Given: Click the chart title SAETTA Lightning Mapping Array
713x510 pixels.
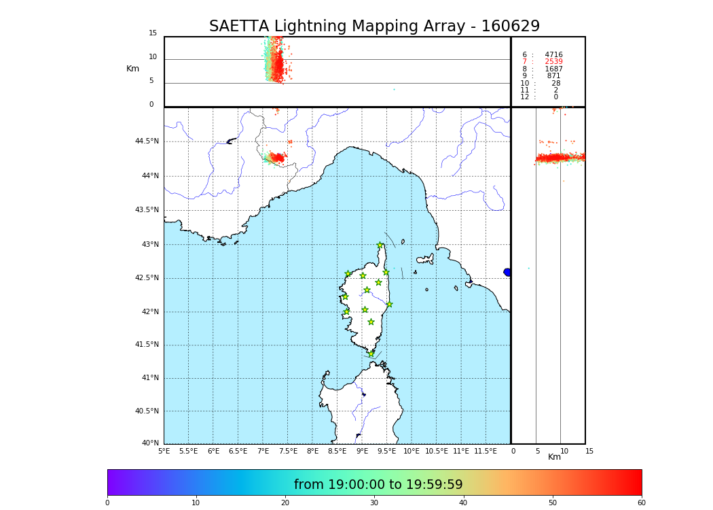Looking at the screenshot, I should (374, 27).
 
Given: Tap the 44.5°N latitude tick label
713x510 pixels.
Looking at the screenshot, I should (147, 141).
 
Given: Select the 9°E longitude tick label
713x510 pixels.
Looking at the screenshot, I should (362, 451).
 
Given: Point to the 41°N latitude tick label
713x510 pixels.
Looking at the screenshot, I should (149, 378).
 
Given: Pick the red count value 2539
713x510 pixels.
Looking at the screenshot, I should (553, 62).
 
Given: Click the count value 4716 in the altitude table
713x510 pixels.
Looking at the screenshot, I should (553, 55).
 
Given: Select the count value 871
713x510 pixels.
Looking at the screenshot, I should (553, 76).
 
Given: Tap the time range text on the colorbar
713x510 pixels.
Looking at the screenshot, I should (378, 485).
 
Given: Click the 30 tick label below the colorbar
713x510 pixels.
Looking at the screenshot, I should (374, 503).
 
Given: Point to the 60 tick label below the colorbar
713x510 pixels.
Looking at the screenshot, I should (641, 503).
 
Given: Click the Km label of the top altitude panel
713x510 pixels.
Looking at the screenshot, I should (132, 69).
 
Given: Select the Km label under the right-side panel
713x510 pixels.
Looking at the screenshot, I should (555, 457).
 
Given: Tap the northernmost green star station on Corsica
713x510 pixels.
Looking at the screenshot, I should (380, 245).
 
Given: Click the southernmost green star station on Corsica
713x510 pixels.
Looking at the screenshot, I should (371, 354).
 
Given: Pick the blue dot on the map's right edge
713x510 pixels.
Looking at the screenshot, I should (507, 272).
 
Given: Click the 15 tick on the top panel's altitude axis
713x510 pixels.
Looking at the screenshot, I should (153, 33).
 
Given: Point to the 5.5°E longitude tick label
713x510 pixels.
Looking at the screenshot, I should (188, 451).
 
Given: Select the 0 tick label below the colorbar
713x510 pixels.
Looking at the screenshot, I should (107, 503).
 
